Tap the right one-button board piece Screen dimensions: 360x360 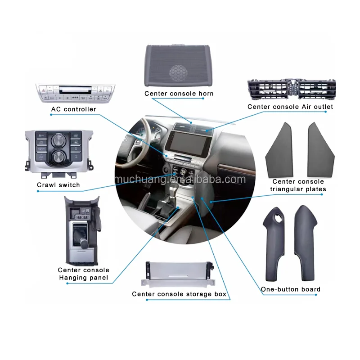306,243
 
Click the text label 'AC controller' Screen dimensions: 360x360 73,109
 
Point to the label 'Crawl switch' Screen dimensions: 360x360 58,185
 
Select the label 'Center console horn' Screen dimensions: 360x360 179,94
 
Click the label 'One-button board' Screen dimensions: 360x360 291,289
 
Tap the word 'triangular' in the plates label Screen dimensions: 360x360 289,189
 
